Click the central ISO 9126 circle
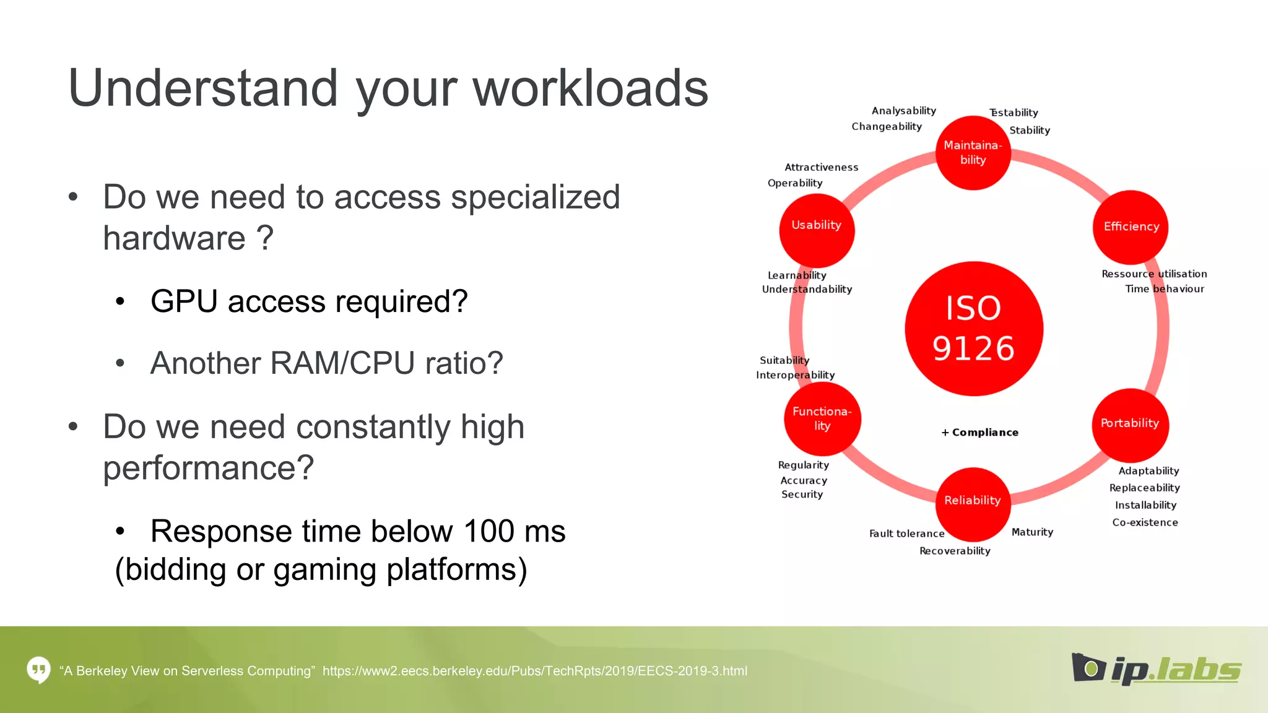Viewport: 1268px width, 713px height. [x=973, y=329]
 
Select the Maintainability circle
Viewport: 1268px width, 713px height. [x=973, y=152]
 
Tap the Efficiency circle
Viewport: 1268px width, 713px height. [x=1131, y=227]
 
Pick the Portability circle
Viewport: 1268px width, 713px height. [x=1130, y=424]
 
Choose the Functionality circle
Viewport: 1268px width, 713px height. [x=822, y=419]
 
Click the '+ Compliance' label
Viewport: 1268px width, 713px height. [x=979, y=433]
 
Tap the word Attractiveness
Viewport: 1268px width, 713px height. [x=821, y=167]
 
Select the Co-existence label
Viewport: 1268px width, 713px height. [x=1145, y=522]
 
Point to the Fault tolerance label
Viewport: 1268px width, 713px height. [x=906, y=534]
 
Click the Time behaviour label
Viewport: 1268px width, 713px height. [x=1164, y=289]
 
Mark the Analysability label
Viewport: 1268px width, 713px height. [x=903, y=111]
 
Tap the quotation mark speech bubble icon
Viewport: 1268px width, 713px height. [x=38, y=670]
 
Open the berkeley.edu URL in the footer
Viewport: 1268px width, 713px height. [x=534, y=671]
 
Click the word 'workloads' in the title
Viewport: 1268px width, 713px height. [x=591, y=89]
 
